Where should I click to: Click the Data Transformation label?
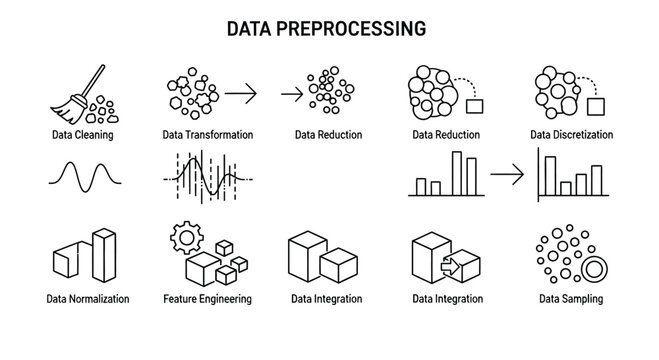coord(207,134)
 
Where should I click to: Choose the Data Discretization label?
coord(571,134)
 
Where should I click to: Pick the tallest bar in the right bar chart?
coord(545,172)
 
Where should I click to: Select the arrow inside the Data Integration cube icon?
coord(448,266)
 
